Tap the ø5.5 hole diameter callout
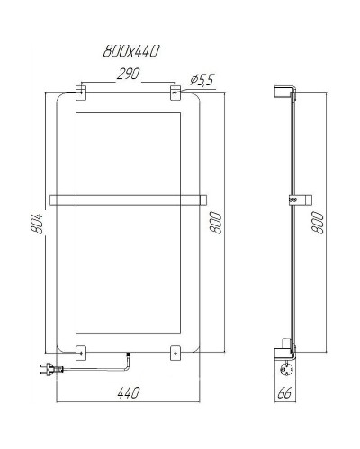[x=202, y=81]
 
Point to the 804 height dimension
[x=33, y=221]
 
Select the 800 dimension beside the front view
[x=216, y=221]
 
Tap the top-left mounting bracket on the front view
[x=82, y=92]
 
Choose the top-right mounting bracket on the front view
[x=175, y=92]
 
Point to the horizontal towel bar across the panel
[x=128, y=199]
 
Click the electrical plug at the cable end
[x=47, y=366]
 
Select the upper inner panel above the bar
[x=128, y=151]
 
